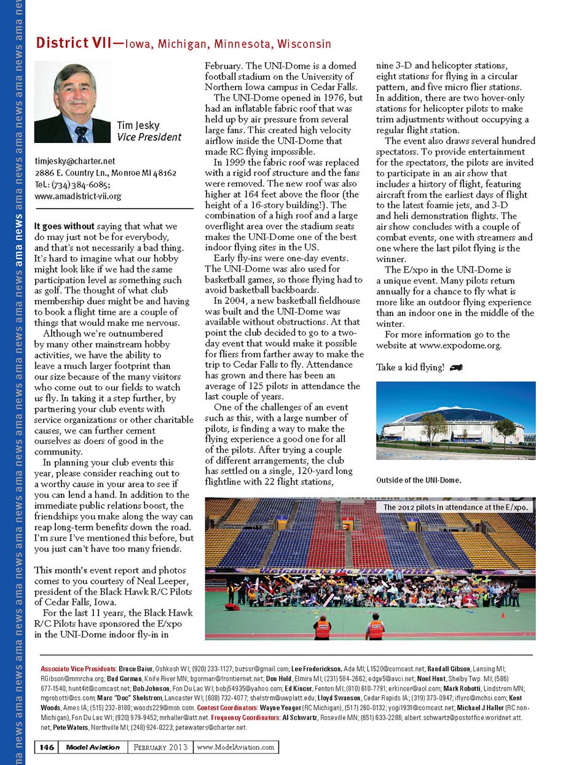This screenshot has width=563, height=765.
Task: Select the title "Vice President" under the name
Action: (149, 137)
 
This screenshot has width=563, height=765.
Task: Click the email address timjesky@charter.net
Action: (76, 161)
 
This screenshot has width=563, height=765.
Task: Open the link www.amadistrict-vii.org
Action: (77, 196)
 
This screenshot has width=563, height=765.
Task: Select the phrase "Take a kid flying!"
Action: (409, 368)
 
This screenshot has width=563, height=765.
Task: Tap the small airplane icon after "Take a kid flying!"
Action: (456, 367)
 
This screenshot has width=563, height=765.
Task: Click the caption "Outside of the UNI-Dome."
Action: (417, 480)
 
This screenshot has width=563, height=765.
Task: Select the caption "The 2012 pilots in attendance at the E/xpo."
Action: (455, 508)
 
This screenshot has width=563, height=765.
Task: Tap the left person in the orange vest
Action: (323, 627)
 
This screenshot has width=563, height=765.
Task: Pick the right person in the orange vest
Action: (376, 627)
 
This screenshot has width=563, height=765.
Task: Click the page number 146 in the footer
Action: (48, 747)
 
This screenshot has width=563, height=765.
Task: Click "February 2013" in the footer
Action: (161, 747)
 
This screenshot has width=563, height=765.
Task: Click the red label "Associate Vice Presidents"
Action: (79, 667)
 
